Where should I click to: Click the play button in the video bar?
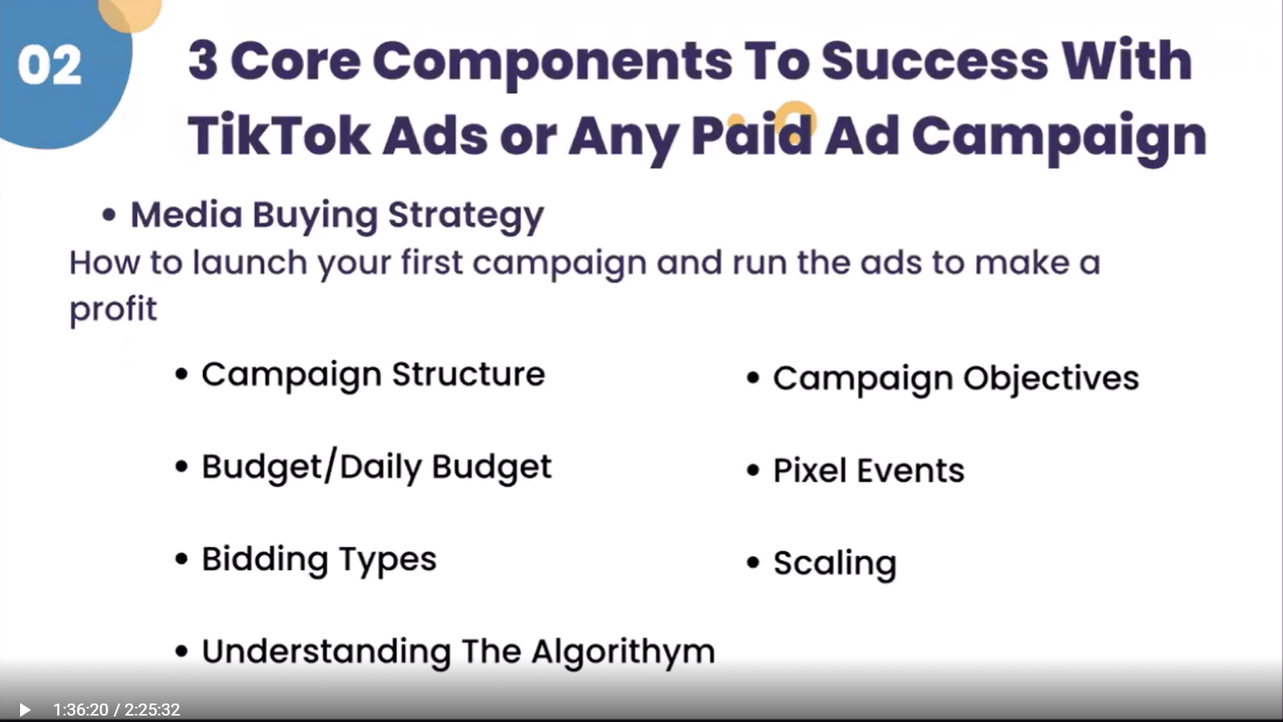(25, 710)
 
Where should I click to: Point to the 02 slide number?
(50, 65)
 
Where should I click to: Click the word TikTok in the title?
(279, 136)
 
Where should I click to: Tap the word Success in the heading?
(934, 61)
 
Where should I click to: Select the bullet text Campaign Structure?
(373, 375)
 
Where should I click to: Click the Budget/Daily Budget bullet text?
(376, 467)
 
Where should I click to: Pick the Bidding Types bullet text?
(319, 560)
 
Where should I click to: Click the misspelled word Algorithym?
(623, 652)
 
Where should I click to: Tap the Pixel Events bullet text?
(869, 470)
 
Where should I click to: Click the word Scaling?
(835, 564)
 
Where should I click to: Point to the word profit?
(113, 310)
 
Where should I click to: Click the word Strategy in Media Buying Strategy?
(465, 216)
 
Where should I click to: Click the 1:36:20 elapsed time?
(80, 710)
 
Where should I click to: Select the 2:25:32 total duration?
(153, 710)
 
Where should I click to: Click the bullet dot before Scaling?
(753, 563)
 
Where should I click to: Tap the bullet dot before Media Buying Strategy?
(109, 216)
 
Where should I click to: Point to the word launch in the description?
(250, 262)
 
